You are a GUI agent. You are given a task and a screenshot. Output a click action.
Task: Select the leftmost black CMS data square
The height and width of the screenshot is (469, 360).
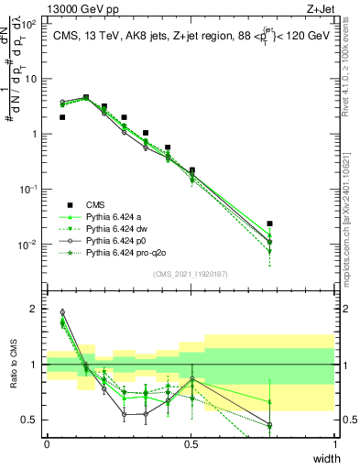(x=62, y=117)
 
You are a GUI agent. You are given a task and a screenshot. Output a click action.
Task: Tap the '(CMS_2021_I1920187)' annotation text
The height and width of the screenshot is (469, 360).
(x=191, y=274)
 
